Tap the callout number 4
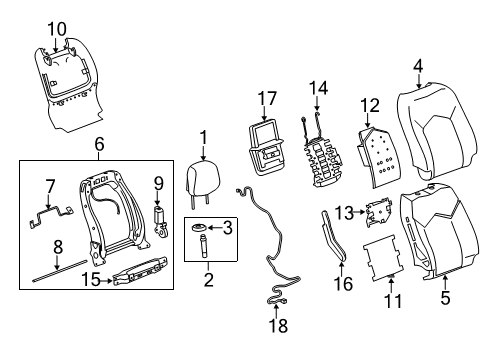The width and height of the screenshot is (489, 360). click(417, 66)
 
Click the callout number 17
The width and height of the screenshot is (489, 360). click(265, 99)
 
